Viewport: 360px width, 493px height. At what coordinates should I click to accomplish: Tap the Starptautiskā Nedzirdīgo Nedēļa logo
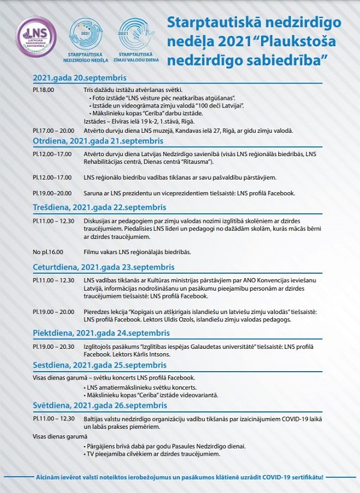tap(84, 38)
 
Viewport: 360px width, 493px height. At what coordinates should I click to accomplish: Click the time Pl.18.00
tap(43, 89)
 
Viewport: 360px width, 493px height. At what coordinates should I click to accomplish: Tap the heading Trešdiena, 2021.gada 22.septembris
tap(99, 207)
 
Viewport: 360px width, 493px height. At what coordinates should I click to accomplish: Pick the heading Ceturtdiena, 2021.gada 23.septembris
tap(103, 267)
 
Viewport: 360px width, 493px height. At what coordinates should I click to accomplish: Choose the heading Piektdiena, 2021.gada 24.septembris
tap(97, 333)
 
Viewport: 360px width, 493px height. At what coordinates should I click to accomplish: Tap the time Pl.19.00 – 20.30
tap(52, 346)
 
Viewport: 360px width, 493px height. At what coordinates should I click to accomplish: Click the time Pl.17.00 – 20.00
tap(52, 130)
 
